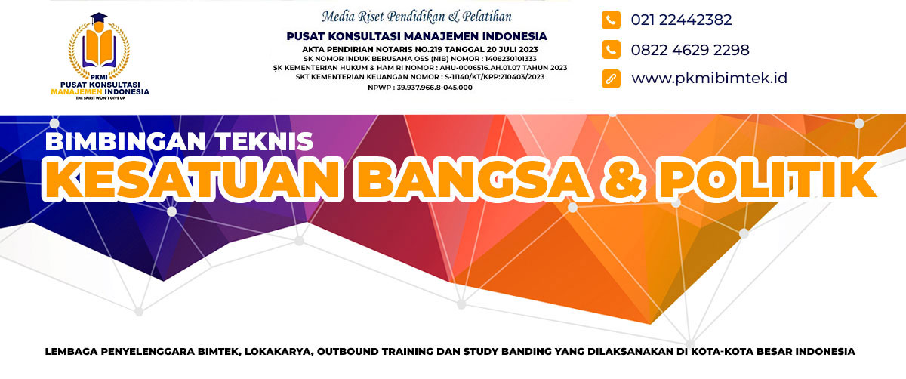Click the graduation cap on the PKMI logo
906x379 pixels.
point(99,17)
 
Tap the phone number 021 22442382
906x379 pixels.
point(681,20)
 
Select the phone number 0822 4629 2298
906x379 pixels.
point(690,50)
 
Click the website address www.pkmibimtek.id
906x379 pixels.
point(710,78)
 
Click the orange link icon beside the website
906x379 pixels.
point(611,79)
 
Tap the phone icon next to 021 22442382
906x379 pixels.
point(611,20)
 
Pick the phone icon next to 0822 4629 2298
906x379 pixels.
point(611,49)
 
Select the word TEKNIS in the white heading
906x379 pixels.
point(264,142)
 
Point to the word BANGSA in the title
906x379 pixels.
point(472,179)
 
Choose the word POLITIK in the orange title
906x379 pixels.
point(767,179)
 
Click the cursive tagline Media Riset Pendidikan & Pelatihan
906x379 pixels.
point(417,17)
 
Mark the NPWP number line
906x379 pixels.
point(420,88)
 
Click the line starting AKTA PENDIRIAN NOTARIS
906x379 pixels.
point(420,49)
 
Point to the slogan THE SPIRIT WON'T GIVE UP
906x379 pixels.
point(100,98)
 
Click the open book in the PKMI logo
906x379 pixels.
point(99,48)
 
